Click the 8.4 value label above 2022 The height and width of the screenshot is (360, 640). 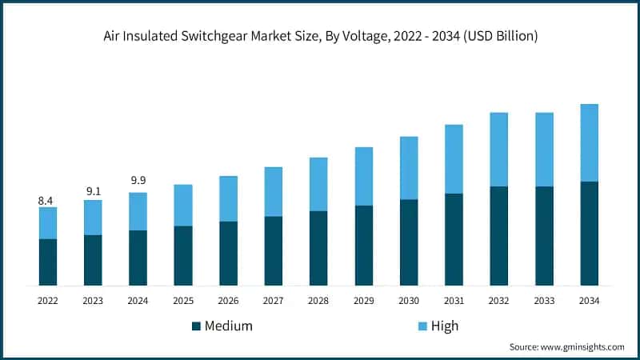point(47,201)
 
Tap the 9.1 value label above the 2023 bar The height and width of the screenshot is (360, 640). point(93,191)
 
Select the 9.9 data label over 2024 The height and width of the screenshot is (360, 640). point(138,180)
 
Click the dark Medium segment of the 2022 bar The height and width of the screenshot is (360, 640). point(47,262)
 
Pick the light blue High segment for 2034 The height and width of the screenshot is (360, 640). point(590,142)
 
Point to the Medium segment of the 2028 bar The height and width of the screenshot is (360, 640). point(318,248)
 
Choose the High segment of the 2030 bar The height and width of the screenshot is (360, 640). point(409,168)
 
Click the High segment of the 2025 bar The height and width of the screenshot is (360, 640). point(183,205)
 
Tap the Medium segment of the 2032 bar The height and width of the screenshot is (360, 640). point(499,235)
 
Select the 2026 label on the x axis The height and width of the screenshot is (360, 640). point(228,300)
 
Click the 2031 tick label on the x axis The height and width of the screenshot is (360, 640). point(454,300)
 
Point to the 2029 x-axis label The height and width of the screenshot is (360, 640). point(364,300)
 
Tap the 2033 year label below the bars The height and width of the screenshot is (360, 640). point(544,300)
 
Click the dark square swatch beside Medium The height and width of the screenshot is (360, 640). point(195,326)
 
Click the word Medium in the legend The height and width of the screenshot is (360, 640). point(229,326)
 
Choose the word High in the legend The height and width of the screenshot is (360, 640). point(445,326)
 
